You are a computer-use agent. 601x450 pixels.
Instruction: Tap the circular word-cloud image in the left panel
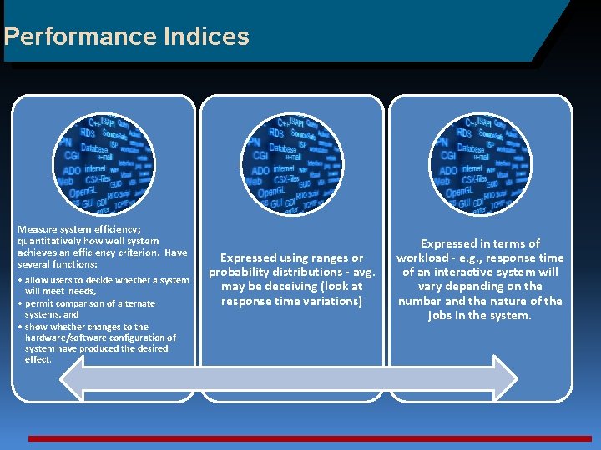pos(104,162)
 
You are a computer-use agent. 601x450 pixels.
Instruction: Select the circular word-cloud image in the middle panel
pos(292,162)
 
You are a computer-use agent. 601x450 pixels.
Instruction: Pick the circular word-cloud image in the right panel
pos(480,162)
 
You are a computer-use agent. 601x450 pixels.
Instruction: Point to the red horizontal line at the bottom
pos(309,437)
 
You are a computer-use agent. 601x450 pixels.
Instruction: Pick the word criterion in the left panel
pos(138,252)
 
